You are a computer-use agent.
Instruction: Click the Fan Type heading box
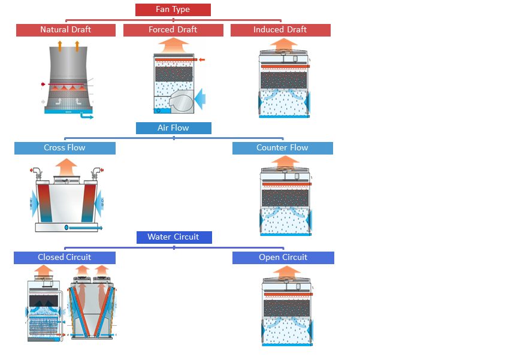coord(173,10)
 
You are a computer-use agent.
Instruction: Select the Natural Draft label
coord(65,30)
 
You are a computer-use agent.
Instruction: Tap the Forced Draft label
coord(173,30)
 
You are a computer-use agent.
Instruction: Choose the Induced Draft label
coord(280,30)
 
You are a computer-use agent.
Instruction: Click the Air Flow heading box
coord(173,128)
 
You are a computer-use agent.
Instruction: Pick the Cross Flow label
coord(65,148)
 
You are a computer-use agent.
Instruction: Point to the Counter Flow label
coord(282,148)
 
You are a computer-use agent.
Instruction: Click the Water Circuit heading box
coord(173,237)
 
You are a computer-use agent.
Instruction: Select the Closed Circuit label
coord(65,258)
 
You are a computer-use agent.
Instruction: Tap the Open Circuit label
coord(283,258)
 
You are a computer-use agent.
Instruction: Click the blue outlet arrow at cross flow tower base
coord(86,228)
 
